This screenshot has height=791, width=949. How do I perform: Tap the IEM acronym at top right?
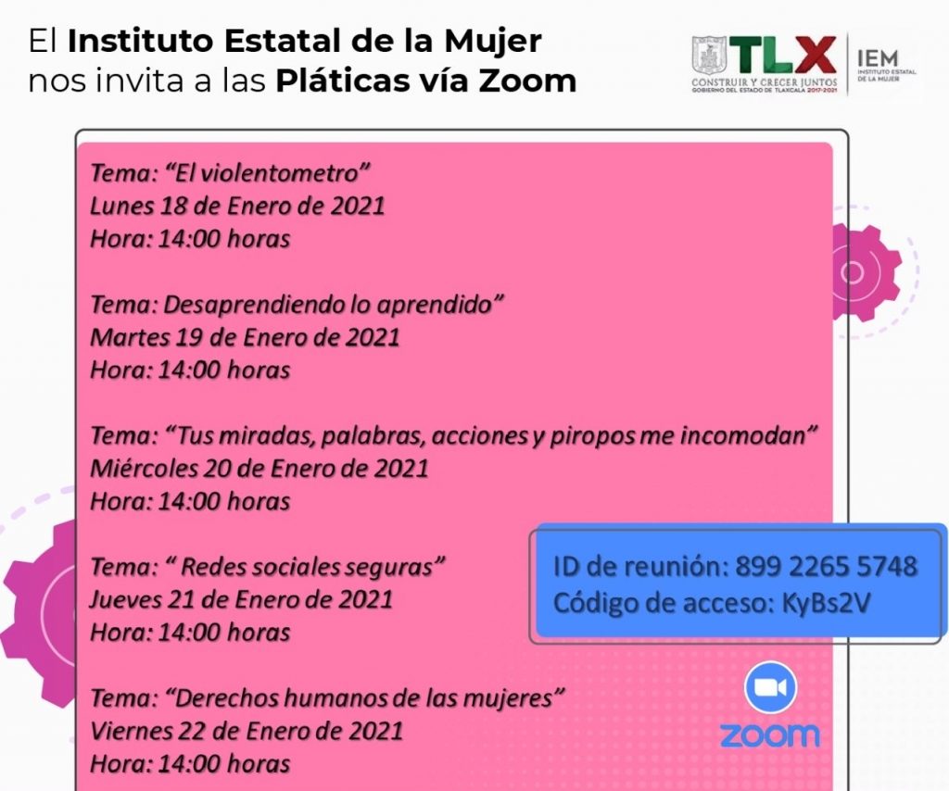(879, 56)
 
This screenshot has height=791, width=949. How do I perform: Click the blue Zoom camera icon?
(770, 687)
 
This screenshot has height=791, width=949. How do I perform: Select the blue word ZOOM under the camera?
(770, 735)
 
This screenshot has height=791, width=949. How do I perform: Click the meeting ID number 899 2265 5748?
(826, 566)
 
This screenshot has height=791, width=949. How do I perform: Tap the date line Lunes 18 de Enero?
(237, 205)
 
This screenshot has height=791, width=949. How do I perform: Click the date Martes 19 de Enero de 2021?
(245, 336)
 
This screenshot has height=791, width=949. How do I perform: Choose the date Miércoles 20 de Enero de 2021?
(259, 468)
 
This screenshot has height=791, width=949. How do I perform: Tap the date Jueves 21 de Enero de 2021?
(241, 599)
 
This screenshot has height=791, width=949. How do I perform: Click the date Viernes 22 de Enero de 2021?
(247, 730)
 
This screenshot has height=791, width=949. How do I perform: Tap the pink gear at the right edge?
(862, 272)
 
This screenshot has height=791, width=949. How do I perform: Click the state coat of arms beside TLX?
(708, 56)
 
